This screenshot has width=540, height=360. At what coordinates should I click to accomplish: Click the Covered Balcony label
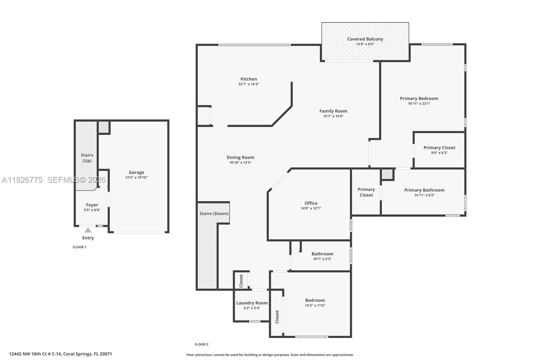pos(365,39)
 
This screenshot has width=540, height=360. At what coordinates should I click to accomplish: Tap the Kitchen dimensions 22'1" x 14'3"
pos(248,84)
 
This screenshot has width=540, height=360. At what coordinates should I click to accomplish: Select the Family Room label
pos(333,111)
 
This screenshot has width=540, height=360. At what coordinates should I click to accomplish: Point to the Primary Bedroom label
pos(419,99)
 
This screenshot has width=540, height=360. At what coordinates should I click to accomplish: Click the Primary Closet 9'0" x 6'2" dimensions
pos(439,153)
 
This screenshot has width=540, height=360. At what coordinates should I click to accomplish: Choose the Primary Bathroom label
pos(424,190)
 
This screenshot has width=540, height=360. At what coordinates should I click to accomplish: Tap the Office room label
pos(311,203)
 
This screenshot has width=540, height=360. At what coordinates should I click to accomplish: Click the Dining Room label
pos(240,157)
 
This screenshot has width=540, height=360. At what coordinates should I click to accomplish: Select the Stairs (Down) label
pos(214,213)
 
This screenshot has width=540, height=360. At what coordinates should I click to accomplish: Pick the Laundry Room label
pos(252,303)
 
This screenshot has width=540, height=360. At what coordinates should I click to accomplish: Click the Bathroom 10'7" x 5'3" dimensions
pos(322,259)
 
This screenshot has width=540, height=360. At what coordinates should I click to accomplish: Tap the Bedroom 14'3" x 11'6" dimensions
pos(315,305)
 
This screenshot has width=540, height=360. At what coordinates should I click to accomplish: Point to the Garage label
pos(136,172)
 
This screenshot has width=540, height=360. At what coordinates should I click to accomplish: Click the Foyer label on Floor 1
pos(92,205)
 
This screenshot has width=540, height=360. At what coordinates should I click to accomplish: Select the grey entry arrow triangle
pos(88,230)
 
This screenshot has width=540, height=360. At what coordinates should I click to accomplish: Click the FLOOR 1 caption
pos(80,247)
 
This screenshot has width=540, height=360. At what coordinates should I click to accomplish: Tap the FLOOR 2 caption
pos(201,344)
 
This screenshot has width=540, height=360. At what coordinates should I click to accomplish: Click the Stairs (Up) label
pos(87,158)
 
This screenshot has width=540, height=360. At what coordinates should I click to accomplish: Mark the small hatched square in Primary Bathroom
pos(387,174)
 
